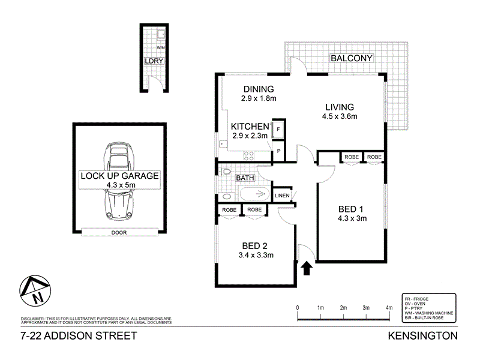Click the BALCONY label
click(352, 58)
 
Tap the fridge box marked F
click(278, 129)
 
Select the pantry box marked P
click(278, 150)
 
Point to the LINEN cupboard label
click(282, 196)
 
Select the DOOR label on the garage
click(118, 232)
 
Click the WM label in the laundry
click(160, 47)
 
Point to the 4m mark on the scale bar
click(389, 308)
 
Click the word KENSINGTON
click(423, 336)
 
